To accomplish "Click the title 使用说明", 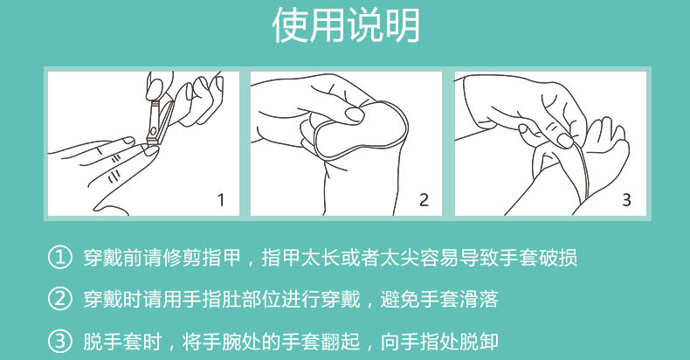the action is click(346, 25).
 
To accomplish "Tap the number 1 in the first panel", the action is click(221, 200).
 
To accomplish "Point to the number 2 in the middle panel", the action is click(424, 200).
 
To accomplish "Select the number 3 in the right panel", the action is click(626, 200).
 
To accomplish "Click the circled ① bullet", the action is click(59, 258).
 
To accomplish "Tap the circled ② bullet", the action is click(59, 299).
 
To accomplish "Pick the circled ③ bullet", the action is click(59, 342).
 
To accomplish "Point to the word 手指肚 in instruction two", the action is click(211, 299).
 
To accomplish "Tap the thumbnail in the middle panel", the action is click(355, 114).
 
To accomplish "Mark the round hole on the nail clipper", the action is click(153, 131).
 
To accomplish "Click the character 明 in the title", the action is click(402, 25).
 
